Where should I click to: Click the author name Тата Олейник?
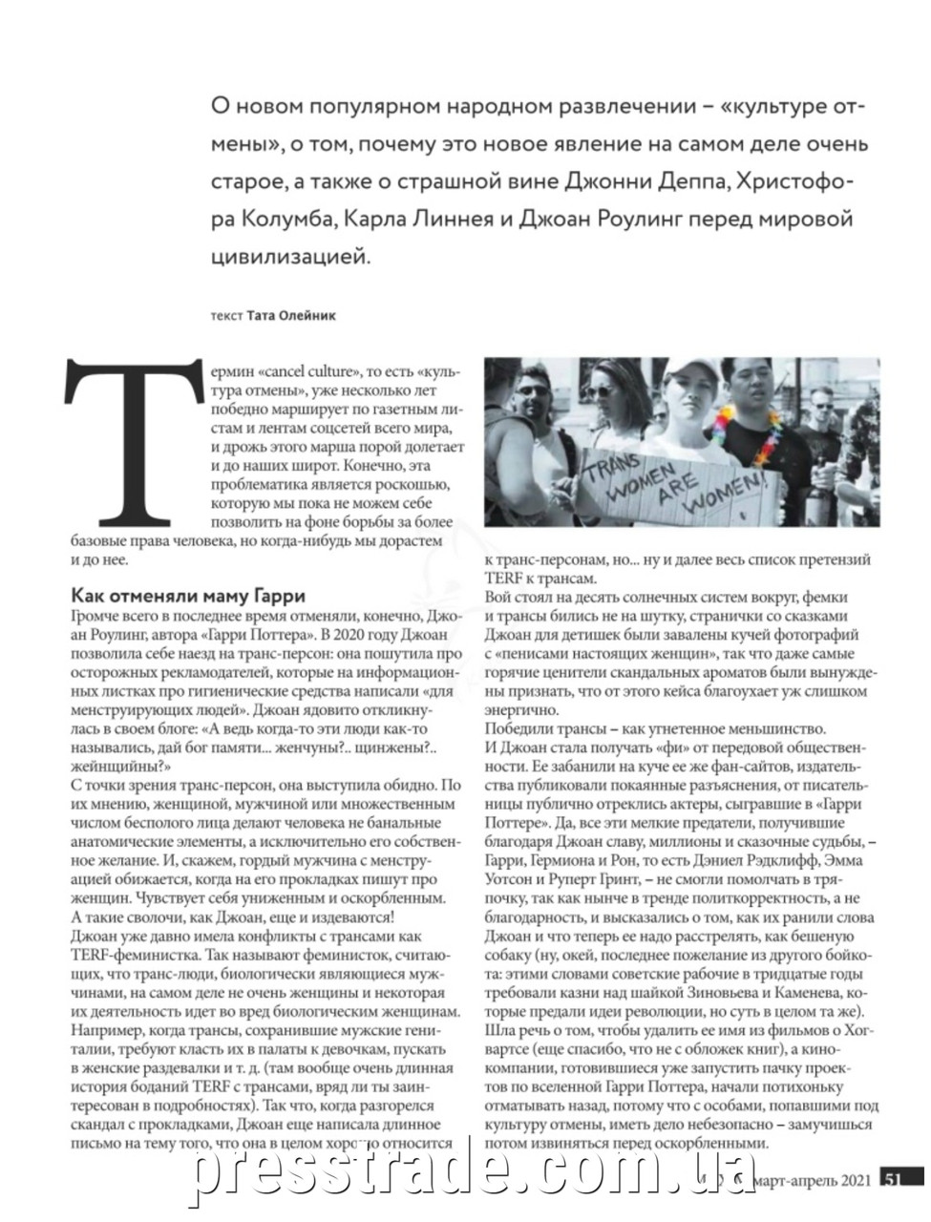291,314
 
